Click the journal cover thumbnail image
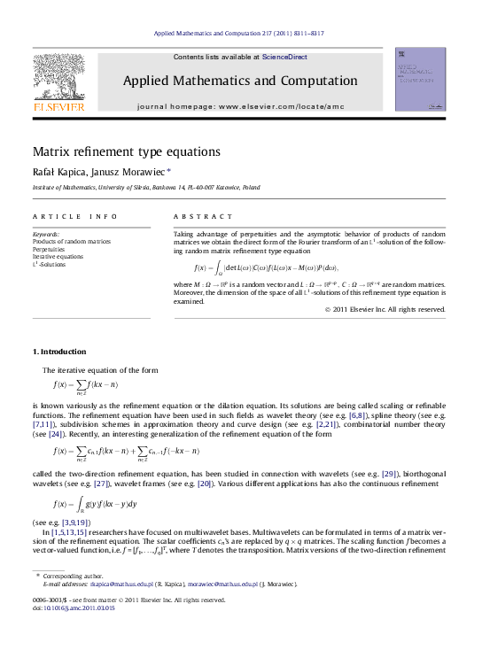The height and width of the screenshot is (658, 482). (420, 80)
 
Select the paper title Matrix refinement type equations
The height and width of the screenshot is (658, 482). (127, 151)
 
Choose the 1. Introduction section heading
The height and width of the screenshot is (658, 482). (59, 352)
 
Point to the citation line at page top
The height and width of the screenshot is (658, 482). (239, 33)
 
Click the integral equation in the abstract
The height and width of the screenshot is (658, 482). (266, 267)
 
